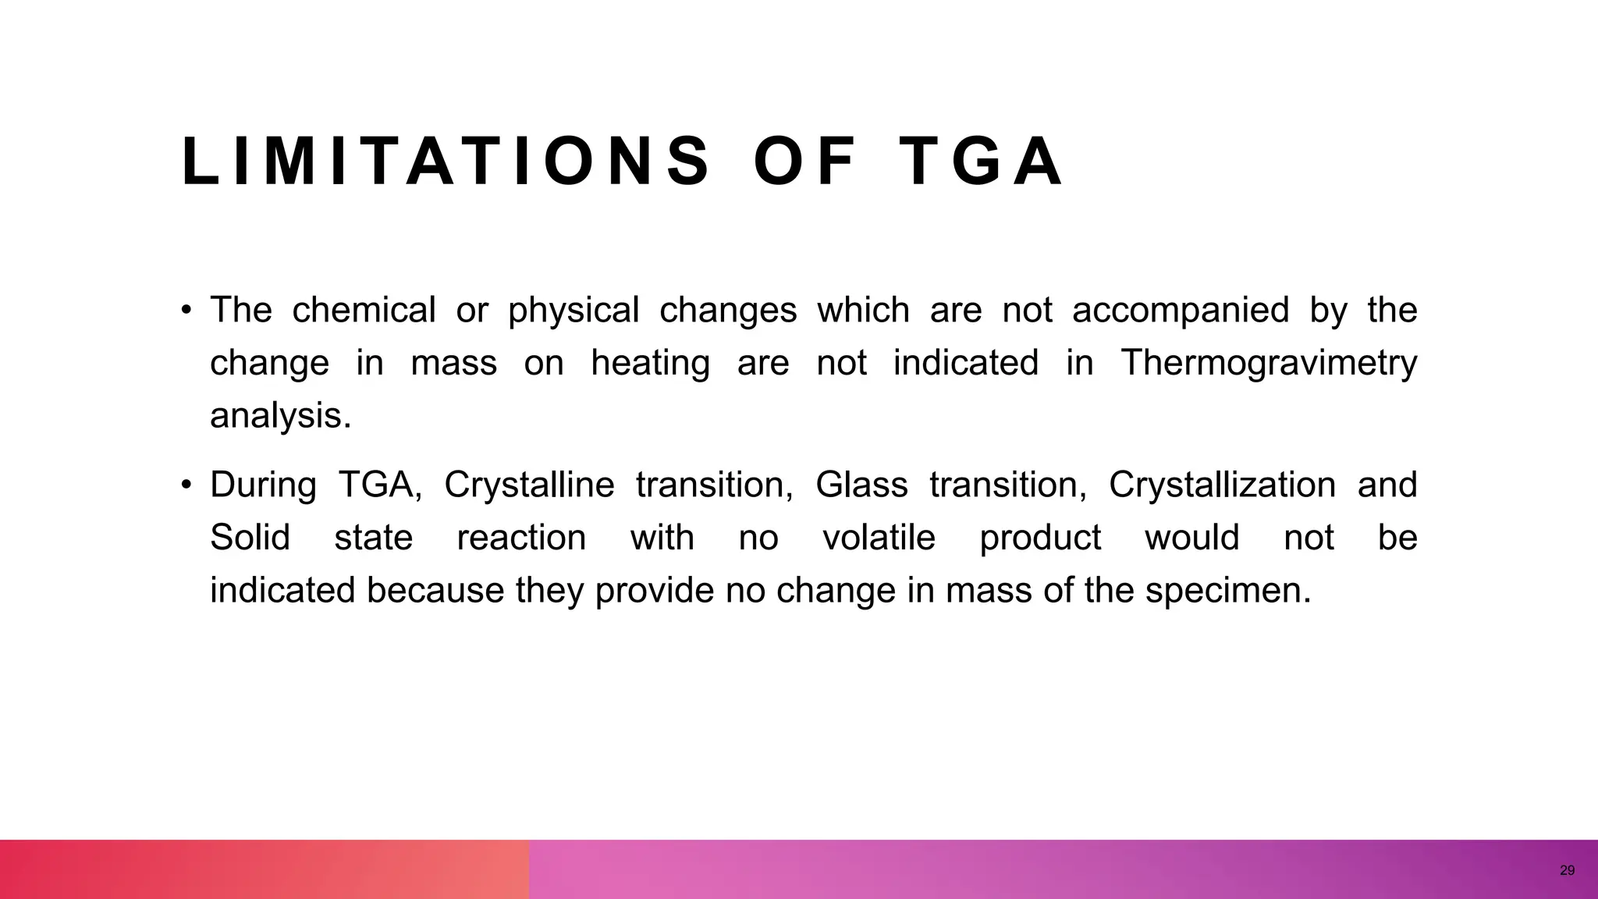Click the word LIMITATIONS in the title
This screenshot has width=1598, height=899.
tap(446, 162)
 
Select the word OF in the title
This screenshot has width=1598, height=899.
tap(804, 162)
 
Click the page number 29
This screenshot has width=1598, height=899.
tap(1567, 870)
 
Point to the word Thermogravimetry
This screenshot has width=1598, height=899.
tap(1269, 364)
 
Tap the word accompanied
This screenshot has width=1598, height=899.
tap(1181, 311)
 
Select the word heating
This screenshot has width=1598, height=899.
tap(650, 364)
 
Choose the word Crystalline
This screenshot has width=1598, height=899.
tap(529, 485)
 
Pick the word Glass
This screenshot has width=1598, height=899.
tap(861, 485)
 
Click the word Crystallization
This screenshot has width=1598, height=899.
tap(1222, 485)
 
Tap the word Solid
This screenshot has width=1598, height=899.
tap(250, 538)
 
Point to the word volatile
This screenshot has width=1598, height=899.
tap(879, 538)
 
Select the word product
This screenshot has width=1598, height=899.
tap(1040, 538)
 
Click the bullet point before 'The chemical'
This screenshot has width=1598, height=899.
tap(186, 311)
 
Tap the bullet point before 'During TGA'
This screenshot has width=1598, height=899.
tap(186, 485)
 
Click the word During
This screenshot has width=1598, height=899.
tap(263, 485)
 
